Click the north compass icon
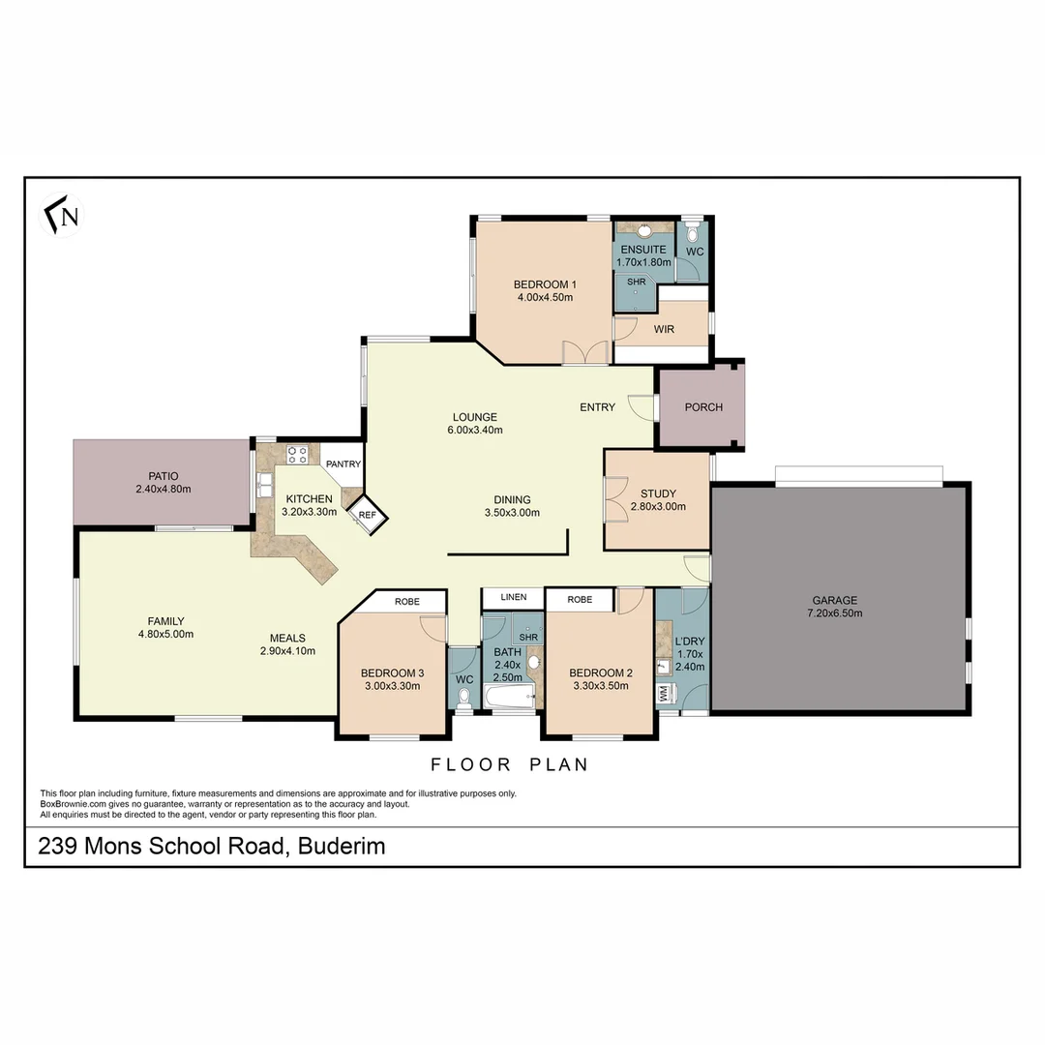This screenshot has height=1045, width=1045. pyautogui.click(x=63, y=215)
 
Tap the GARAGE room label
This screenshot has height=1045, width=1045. pyautogui.click(x=833, y=600)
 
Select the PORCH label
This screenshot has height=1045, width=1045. pyautogui.click(x=703, y=407)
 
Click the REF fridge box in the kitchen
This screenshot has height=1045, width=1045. pyautogui.click(x=367, y=515)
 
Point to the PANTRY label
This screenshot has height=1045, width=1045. pyautogui.click(x=343, y=464)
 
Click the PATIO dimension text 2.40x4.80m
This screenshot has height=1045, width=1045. pyautogui.click(x=164, y=490)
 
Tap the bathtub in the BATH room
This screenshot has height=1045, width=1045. pyautogui.click(x=509, y=699)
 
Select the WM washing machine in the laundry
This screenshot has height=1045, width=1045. pyautogui.click(x=664, y=694)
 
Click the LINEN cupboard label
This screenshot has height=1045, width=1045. pyautogui.click(x=513, y=597)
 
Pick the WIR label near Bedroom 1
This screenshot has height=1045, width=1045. pyautogui.click(x=664, y=329)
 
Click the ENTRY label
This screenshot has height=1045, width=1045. pyautogui.click(x=597, y=407)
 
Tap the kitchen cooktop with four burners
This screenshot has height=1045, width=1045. pyautogui.click(x=297, y=453)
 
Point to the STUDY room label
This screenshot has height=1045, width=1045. pyautogui.click(x=658, y=493)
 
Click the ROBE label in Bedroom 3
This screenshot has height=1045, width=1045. pyautogui.click(x=406, y=601)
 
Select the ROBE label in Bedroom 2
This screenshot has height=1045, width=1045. pyautogui.click(x=580, y=600)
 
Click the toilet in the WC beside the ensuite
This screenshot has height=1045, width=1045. pyautogui.click(x=693, y=234)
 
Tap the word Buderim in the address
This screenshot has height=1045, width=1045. pyautogui.click(x=342, y=847)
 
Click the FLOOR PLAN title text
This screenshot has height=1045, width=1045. pyautogui.click(x=509, y=764)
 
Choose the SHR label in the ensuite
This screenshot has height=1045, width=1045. pyautogui.click(x=636, y=282)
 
